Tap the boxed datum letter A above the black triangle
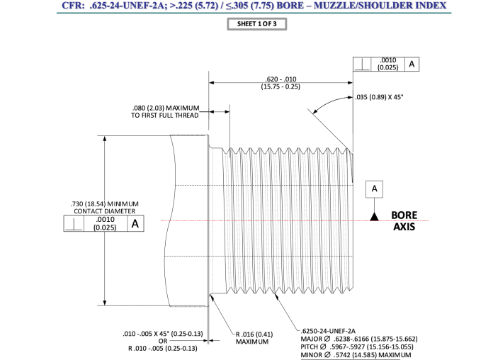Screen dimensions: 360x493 click(373, 189)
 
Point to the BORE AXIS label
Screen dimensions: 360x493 click(404, 221)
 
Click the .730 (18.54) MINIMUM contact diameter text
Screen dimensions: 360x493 click(106, 208)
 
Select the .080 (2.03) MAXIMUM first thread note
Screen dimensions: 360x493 click(166, 111)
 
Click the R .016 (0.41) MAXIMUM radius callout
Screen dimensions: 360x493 click(254, 337)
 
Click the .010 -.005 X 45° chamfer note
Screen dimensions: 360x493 click(164, 333)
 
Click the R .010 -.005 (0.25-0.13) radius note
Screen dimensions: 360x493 click(164, 348)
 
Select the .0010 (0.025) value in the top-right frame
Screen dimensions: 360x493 click(387, 64)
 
